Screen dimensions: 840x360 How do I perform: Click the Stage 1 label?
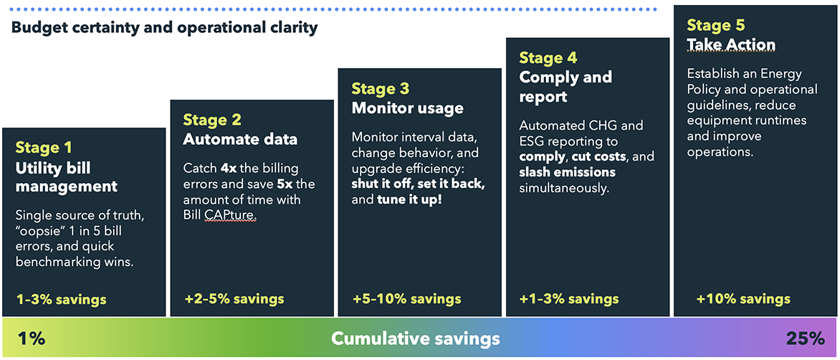[x=44, y=147]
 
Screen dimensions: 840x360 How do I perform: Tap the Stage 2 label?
[x=212, y=120]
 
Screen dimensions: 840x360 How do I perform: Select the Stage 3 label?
[x=381, y=88]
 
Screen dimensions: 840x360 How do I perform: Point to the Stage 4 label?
[x=548, y=57]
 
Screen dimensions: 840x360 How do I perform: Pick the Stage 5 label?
[x=716, y=25]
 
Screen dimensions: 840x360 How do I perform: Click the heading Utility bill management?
[x=67, y=177]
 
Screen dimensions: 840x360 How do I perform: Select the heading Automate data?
[x=241, y=139]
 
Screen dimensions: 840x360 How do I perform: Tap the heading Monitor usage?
[x=407, y=108]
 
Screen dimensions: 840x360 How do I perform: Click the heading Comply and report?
[x=565, y=86]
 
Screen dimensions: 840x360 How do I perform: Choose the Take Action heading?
[x=731, y=45]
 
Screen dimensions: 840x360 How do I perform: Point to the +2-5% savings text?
[x=234, y=298]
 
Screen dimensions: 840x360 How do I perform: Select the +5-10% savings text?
[x=407, y=298]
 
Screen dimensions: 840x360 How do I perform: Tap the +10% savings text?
[x=743, y=298]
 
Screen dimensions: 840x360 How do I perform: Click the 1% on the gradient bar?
[x=31, y=339]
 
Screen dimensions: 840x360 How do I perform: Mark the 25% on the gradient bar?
[x=805, y=338]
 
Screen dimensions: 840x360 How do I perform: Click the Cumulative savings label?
[x=416, y=338]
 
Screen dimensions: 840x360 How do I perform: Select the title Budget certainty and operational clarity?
[x=164, y=28]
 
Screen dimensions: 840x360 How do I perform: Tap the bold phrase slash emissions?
[x=568, y=173]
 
